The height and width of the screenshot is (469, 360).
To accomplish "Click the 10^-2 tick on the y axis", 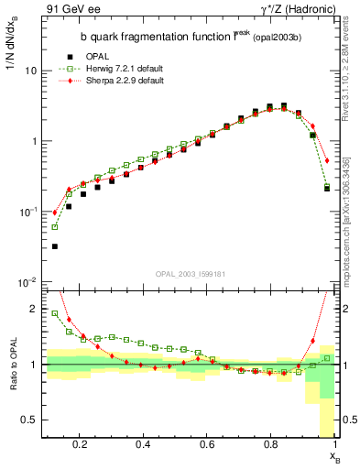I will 27,282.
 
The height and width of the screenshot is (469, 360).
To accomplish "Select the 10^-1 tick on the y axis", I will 27,212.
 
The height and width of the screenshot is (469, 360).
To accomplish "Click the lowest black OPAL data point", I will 54,246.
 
